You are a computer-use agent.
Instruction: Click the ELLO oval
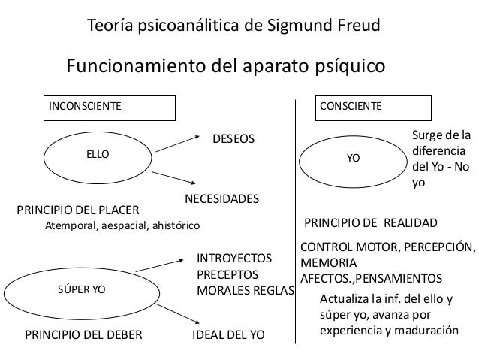(98, 153)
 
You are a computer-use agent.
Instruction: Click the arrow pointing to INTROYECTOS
(161, 267)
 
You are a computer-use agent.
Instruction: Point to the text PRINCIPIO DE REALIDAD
(369, 223)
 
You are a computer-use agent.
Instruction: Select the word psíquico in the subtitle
(345, 66)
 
